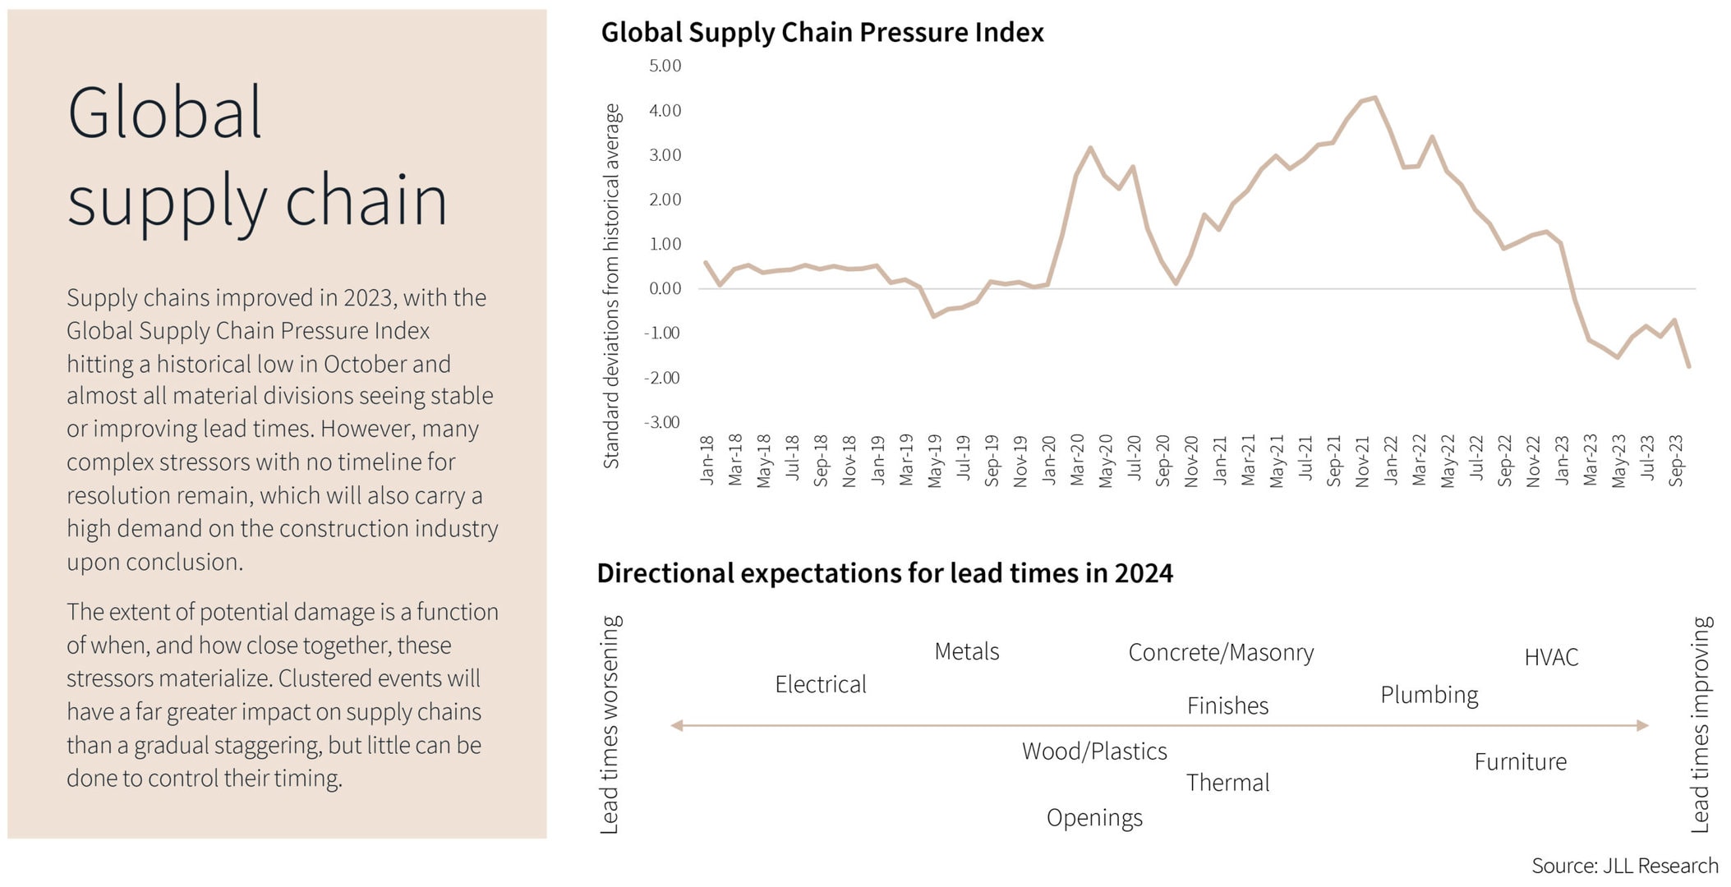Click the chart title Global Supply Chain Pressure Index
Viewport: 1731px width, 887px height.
point(822,33)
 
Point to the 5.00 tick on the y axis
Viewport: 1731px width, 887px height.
point(665,66)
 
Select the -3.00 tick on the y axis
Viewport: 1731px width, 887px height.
point(662,423)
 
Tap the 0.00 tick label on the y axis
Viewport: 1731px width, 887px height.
point(665,289)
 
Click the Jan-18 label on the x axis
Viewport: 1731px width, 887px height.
point(707,460)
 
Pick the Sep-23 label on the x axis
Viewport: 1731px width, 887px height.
point(1676,460)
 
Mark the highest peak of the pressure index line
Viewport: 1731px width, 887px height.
point(1375,98)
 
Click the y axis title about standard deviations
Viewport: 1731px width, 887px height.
point(611,286)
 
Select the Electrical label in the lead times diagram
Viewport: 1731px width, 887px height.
point(820,684)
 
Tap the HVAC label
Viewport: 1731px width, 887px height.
point(1551,657)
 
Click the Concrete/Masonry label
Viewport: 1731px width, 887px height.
point(1221,652)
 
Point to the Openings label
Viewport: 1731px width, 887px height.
point(1094,818)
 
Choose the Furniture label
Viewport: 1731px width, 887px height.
point(1520,762)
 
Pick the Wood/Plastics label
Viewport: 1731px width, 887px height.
point(1094,751)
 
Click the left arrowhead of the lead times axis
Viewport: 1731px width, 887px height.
point(677,725)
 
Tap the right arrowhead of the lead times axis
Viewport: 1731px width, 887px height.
point(1643,725)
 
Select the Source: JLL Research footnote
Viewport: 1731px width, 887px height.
point(1624,866)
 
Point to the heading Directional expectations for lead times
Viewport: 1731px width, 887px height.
point(885,573)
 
